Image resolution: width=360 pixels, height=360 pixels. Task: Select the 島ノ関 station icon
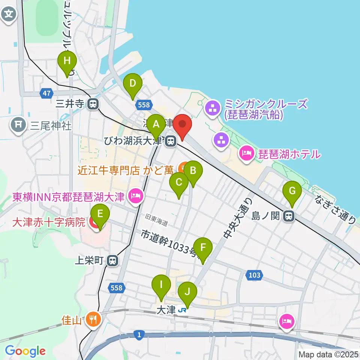[288, 216]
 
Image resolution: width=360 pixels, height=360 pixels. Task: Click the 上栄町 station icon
[112, 261]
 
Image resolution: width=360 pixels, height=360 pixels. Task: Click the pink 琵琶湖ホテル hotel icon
[247, 153]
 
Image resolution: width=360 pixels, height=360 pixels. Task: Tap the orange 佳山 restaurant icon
[93, 319]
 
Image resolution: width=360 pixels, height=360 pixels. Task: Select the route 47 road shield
[45, 93]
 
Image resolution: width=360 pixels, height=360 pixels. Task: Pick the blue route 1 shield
[139, 334]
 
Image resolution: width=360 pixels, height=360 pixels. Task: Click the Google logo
[25, 351]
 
